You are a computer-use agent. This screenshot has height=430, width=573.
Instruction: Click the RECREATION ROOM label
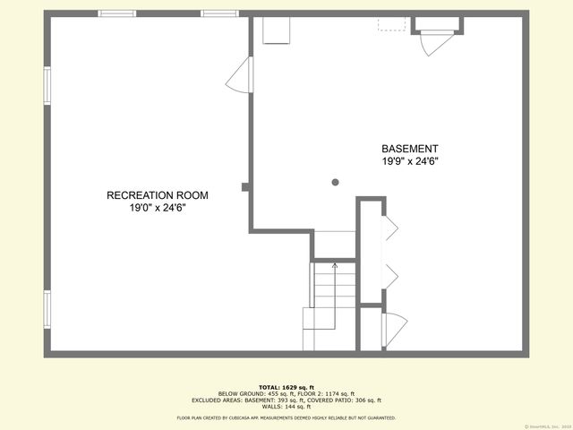click(x=158, y=195)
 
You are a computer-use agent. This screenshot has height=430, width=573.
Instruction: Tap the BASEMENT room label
click(x=409, y=149)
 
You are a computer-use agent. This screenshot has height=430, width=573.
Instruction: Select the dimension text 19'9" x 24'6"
click(x=409, y=161)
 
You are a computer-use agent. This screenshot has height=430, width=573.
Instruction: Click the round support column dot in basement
click(x=336, y=182)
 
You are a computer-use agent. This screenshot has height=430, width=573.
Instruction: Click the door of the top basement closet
click(x=438, y=41)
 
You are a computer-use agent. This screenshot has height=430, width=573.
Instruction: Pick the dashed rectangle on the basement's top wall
click(x=391, y=23)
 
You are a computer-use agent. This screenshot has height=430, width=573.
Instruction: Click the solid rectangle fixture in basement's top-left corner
click(x=275, y=30)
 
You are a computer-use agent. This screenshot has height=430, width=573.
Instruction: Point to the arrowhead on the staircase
click(x=335, y=265)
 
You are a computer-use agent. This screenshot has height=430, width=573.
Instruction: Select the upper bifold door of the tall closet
click(x=389, y=229)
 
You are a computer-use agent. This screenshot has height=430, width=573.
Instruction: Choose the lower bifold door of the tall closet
click(x=389, y=275)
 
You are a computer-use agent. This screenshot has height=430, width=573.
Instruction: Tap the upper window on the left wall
click(x=47, y=86)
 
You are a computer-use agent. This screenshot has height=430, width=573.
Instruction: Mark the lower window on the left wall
click(x=47, y=308)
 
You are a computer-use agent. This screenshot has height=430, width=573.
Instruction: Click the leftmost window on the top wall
click(x=117, y=13)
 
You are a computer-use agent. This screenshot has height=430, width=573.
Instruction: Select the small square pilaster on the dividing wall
click(x=245, y=186)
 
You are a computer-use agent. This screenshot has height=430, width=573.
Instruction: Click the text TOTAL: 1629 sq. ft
click(x=286, y=386)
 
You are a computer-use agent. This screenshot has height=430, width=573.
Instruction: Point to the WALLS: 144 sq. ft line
click(x=286, y=407)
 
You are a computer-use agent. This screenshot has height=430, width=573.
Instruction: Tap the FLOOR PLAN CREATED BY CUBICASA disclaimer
click(x=286, y=417)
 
